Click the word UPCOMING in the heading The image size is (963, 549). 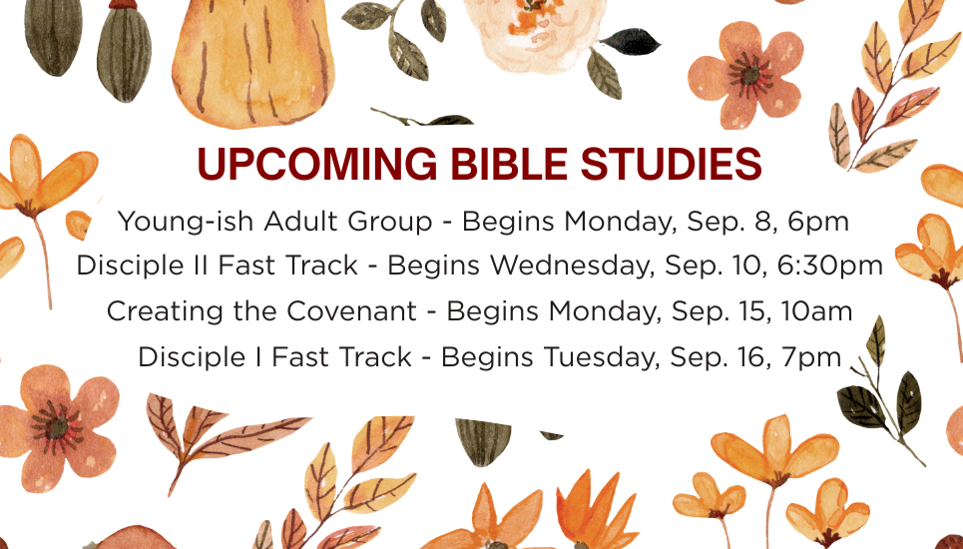tap(317, 164)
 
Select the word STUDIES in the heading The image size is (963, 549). tap(671, 164)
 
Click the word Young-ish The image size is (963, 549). tap(186, 222)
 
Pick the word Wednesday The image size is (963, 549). tap(571, 267)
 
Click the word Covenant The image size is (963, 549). tap(351, 311)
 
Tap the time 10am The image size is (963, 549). tap(817, 311)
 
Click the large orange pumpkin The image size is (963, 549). tap(253, 62)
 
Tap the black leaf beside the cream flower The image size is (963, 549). tap(630, 42)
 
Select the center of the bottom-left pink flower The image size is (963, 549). tap(58, 427)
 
